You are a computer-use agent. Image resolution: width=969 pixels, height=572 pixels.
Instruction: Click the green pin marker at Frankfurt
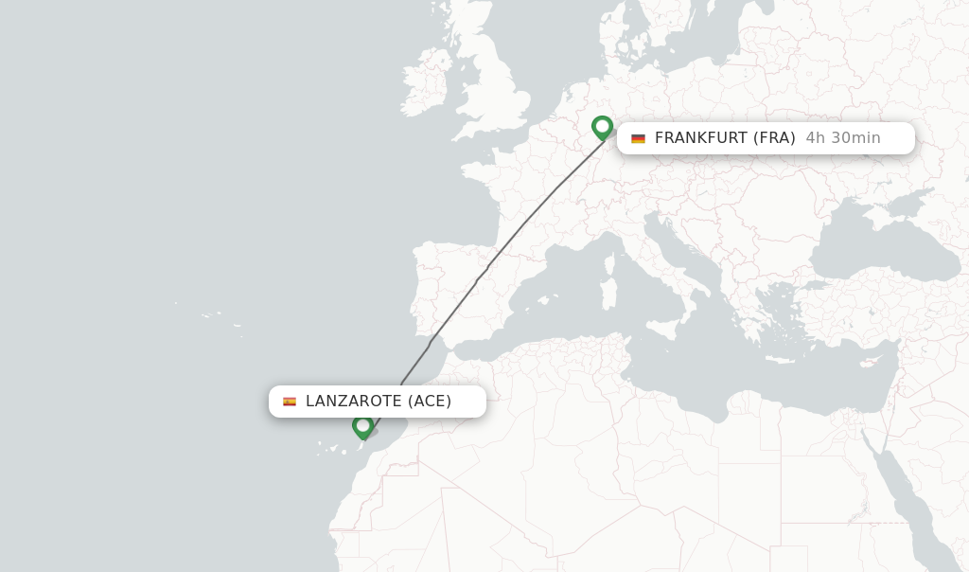tap(602, 127)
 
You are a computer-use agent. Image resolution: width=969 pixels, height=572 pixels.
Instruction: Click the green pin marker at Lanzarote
tap(362, 426)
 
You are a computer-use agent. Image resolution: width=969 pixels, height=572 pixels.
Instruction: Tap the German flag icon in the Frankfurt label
tap(638, 138)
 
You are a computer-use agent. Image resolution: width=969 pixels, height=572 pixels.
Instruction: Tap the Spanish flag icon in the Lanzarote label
tap(290, 402)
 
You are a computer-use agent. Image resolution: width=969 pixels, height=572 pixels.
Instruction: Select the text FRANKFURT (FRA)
tap(724, 138)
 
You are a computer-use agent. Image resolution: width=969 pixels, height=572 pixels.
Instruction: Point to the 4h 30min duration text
tap(842, 138)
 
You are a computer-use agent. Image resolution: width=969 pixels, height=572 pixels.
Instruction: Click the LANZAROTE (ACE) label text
tap(379, 402)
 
